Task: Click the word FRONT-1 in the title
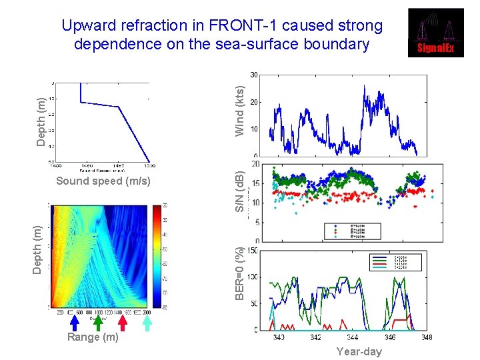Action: pyautogui.click(x=247, y=26)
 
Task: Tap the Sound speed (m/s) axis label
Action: pyautogui.click(x=103, y=181)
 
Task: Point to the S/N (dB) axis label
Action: pyautogui.click(x=241, y=189)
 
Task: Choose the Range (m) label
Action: pyautogui.click(x=93, y=337)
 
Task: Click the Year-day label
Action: pyautogui.click(x=359, y=351)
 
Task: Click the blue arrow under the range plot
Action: pyautogui.click(x=75, y=323)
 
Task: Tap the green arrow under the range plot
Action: pyautogui.click(x=98, y=323)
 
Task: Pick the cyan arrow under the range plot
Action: pyautogui.click(x=147, y=323)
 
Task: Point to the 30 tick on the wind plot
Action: pyautogui.click(x=254, y=74)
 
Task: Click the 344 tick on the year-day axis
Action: pyautogui.click(x=353, y=338)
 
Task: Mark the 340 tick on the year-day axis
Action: pyautogui.click(x=279, y=338)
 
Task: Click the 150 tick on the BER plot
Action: pyautogui.click(x=253, y=251)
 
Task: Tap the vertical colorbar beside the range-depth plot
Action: pyautogui.click(x=157, y=256)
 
